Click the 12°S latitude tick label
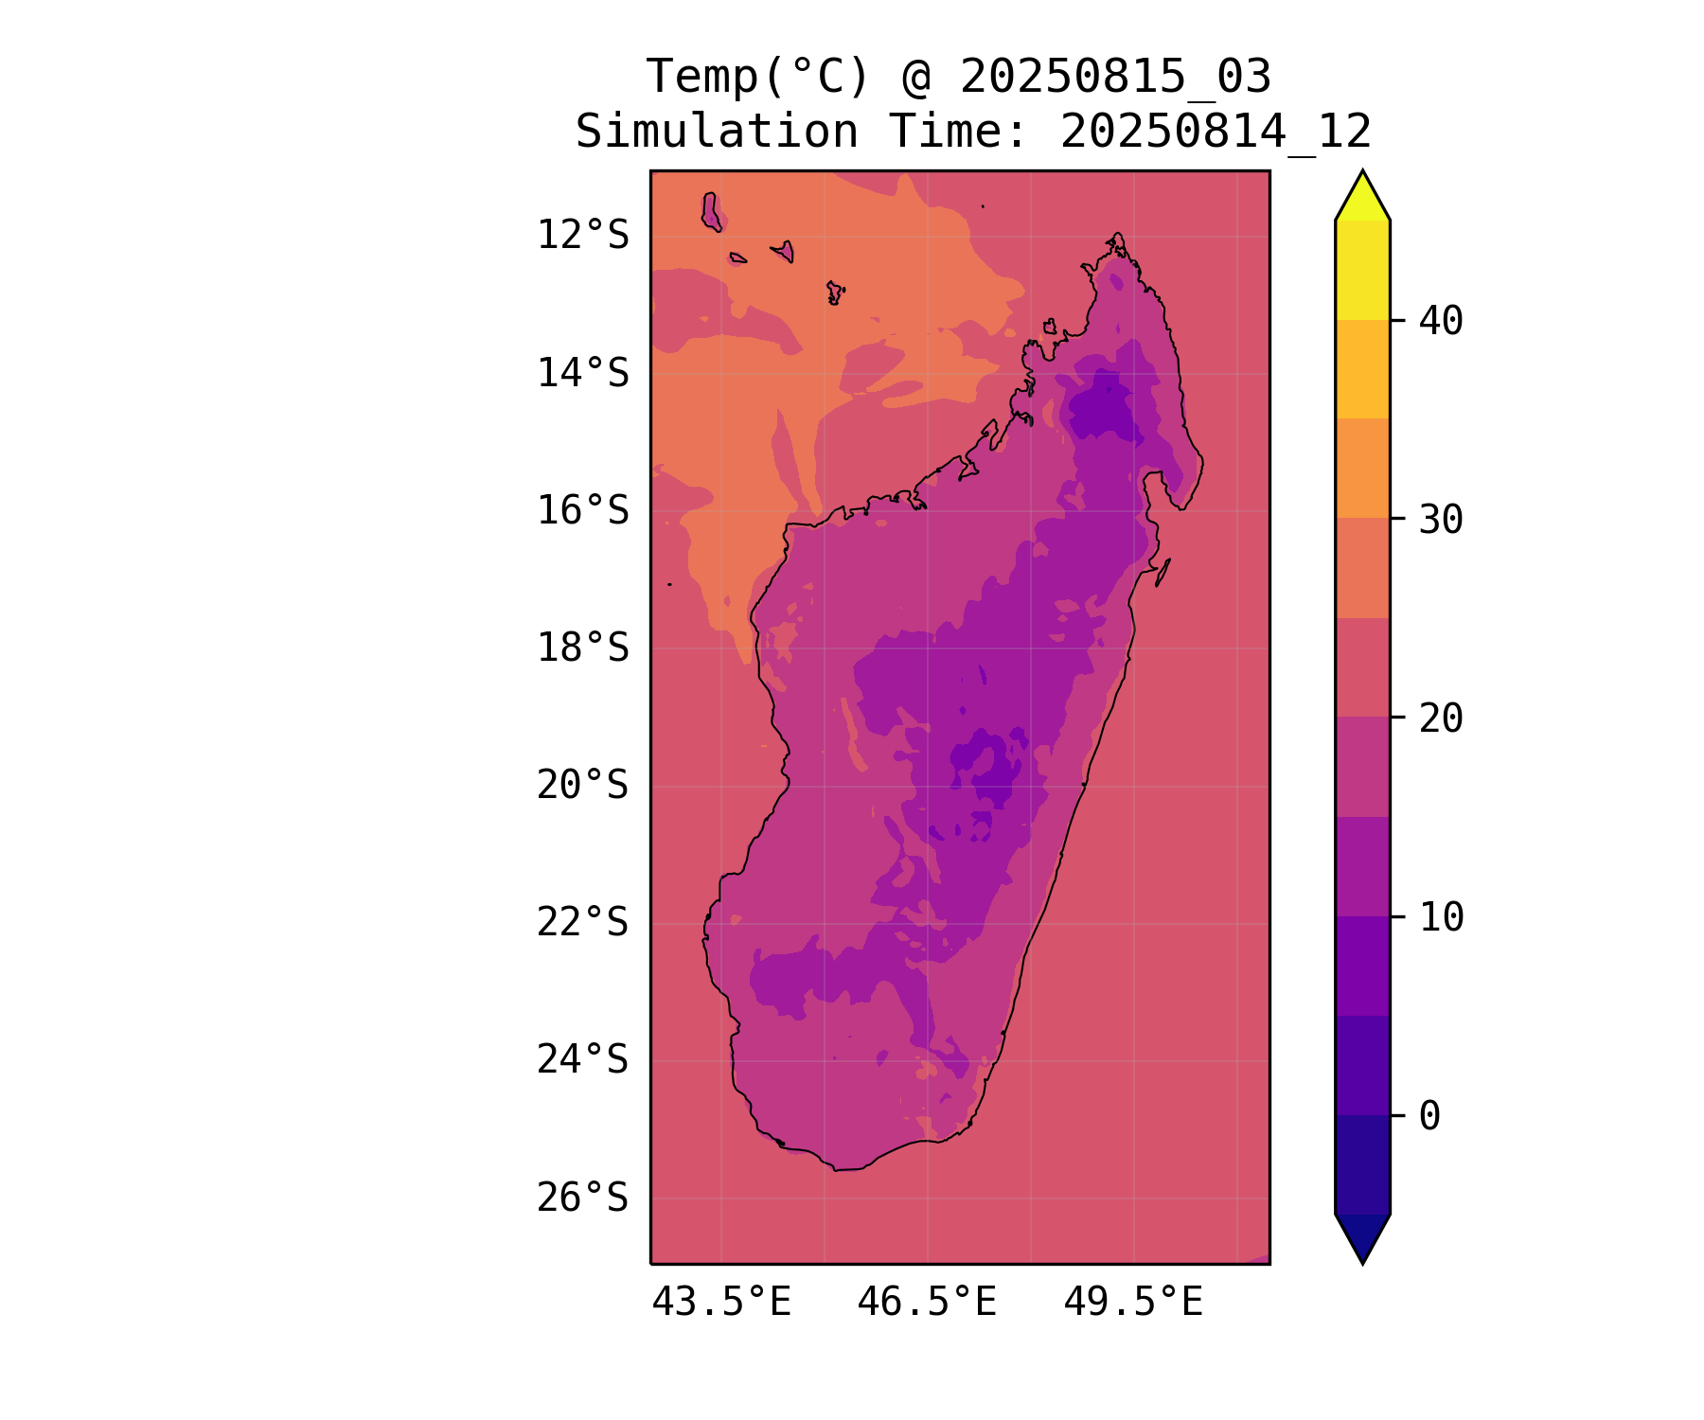[582, 235]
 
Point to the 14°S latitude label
[582, 373]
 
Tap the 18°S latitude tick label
[582, 648]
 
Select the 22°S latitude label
[582, 923]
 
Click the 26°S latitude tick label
[582, 1198]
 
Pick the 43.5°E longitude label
[721, 1303]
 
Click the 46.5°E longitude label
[927, 1303]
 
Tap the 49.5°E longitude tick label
[1133, 1303]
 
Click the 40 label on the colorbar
[1441, 321]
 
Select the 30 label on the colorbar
[1441, 519]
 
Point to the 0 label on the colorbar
[1429, 1116]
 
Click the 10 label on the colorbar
[1441, 917]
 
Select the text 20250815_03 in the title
[1115, 77]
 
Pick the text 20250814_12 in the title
[1216, 132]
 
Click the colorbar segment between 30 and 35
[1362, 469]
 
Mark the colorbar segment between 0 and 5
[1362, 1066]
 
